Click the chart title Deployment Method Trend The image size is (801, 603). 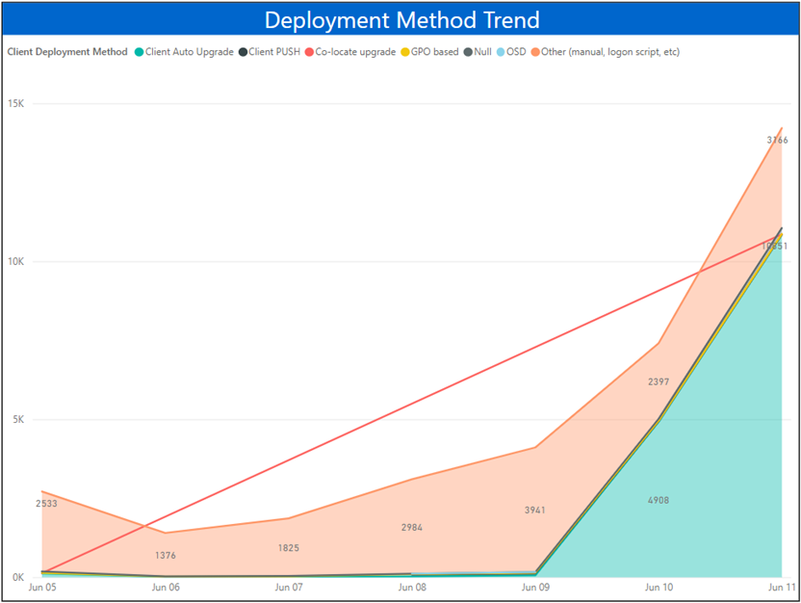coord(401,20)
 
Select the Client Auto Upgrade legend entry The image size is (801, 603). coord(189,52)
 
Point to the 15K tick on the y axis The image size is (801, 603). coord(17,104)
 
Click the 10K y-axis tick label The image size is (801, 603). coord(17,262)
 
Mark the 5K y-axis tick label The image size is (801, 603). coord(20,420)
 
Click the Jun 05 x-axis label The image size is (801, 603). coord(41,587)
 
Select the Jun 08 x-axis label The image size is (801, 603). coord(412,587)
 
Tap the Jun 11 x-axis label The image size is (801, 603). coord(782,587)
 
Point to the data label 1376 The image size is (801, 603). coord(165,556)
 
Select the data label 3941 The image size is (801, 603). coord(535,511)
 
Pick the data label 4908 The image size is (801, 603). coord(658,501)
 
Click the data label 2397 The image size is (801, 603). coord(658,382)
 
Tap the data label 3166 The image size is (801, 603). coord(777,141)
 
